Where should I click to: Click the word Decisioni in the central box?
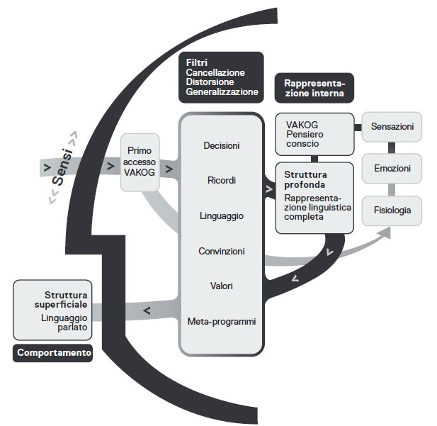click(x=221, y=146)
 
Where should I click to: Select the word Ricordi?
click(x=221, y=181)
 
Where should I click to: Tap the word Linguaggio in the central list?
click(x=221, y=216)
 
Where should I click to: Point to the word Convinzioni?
click(x=221, y=251)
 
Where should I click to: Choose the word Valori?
click(x=221, y=286)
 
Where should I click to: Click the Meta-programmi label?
click(x=221, y=321)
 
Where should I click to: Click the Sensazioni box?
click(x=392, y=126)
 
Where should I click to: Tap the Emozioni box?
click(x=392, y=169)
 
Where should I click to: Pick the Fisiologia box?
click(x=392, y=211)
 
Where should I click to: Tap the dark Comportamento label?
click(x=54, y=352)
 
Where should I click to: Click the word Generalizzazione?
click(x=222, y=92)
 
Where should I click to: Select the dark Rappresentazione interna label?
click(x=314, y=87)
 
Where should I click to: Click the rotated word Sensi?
click(x=64, y=164)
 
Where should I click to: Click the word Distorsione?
click(x=210, y=82)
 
